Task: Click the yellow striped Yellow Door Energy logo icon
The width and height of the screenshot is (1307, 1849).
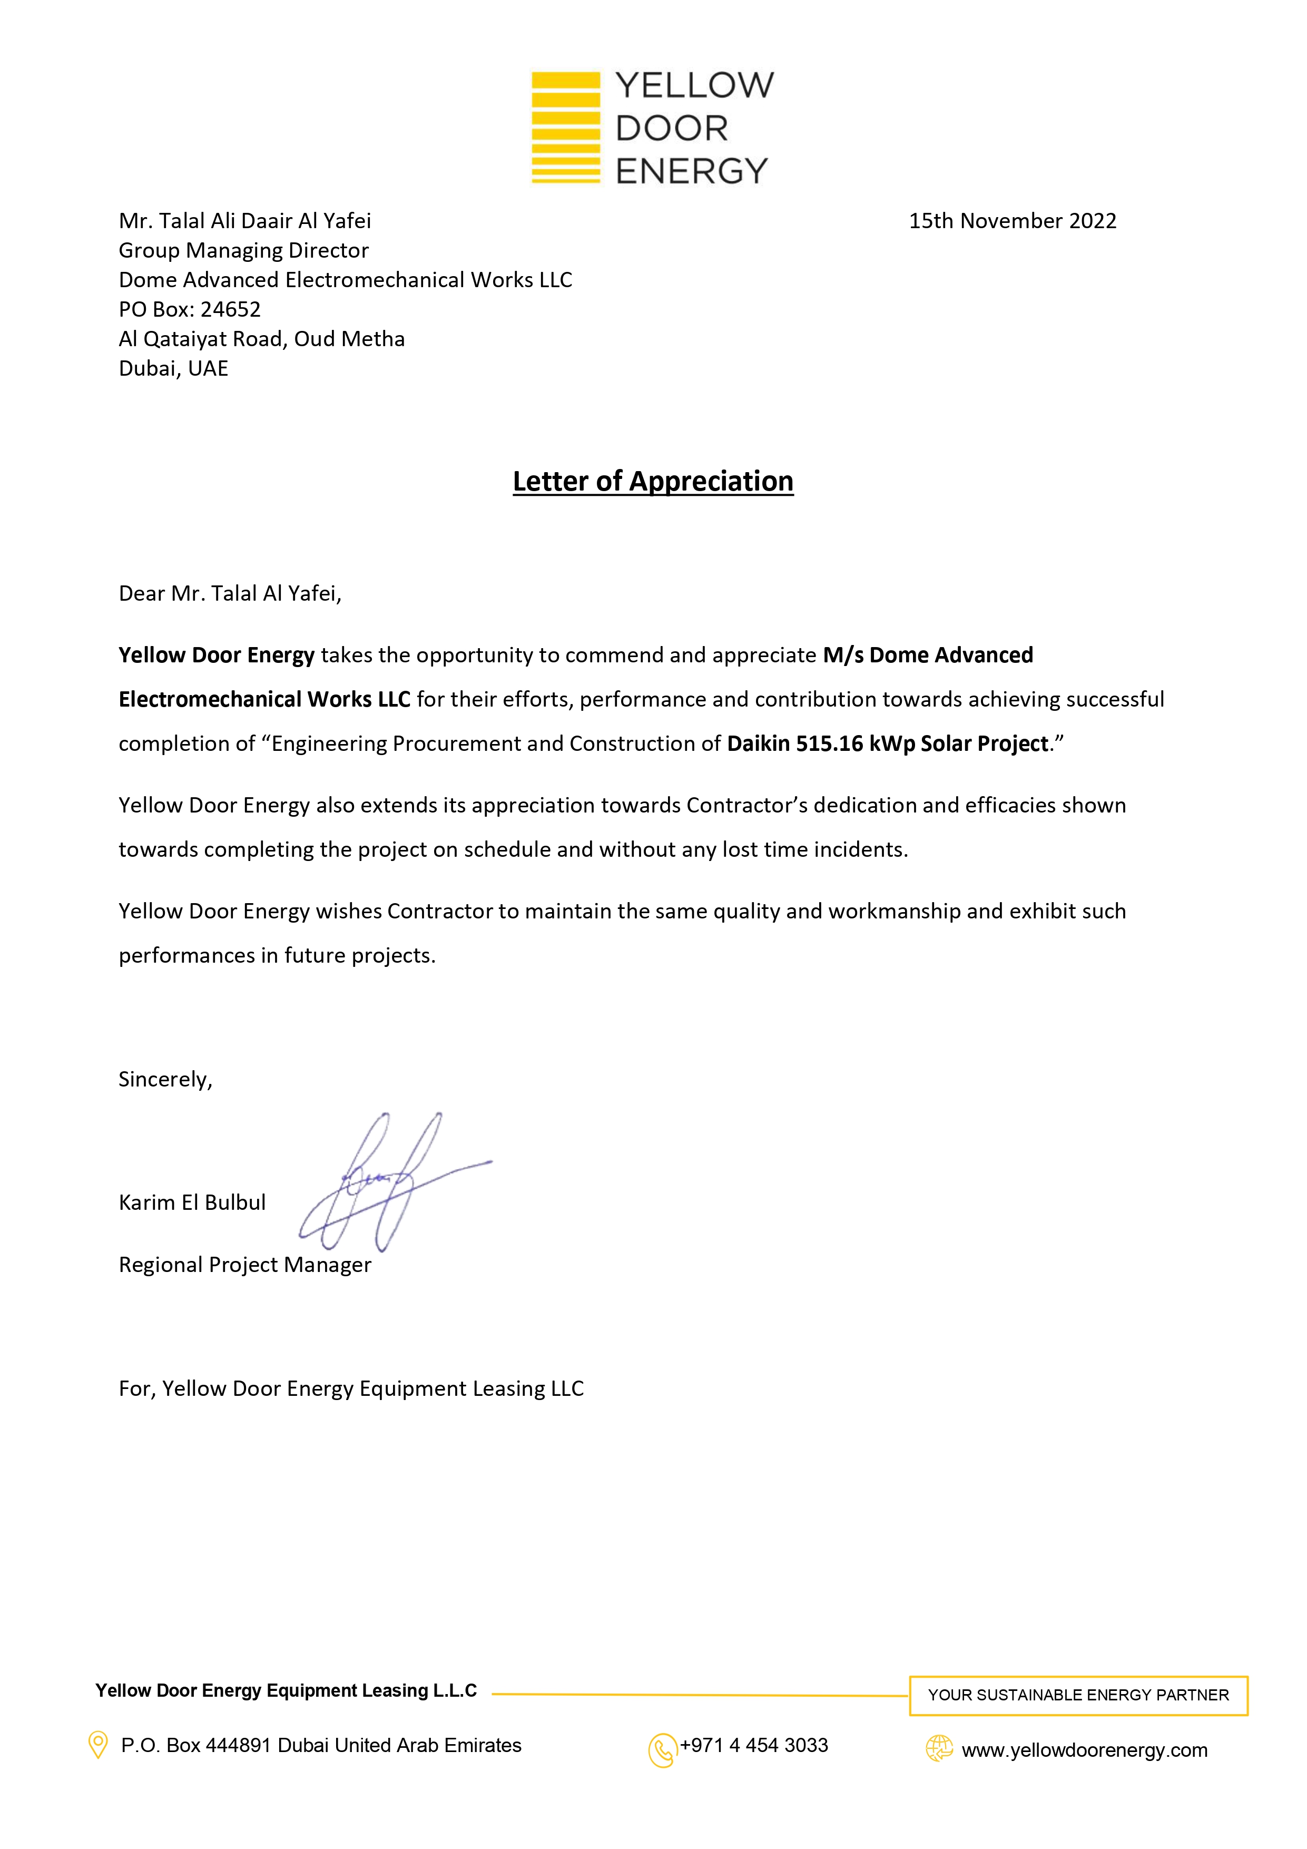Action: [565, 127]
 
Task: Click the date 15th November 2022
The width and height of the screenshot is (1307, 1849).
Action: [1013, 221]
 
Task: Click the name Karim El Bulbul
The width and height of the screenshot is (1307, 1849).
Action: [192, 1202]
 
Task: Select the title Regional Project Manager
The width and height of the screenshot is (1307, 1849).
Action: [245, 1264]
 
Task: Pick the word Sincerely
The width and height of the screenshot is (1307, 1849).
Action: [165, 1079]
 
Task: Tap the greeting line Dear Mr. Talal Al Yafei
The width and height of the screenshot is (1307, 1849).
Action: [230, 593]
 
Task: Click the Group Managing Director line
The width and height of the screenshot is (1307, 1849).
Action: [243, 250]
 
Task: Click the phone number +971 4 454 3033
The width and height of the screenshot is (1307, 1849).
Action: [754, 1745]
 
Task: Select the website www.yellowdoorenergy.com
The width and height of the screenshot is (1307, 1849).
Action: [1084, 1750]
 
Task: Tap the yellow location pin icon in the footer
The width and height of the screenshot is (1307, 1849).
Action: [97, 1745]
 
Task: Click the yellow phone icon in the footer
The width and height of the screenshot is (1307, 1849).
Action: [662, 1750]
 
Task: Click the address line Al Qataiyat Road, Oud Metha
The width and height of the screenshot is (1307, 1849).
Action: [262, 339]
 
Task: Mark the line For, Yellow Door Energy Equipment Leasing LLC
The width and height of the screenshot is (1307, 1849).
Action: [351, 1388]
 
